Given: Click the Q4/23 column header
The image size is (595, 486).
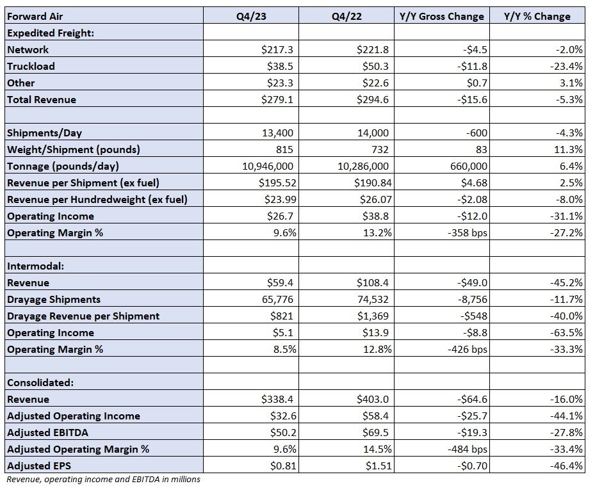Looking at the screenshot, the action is (251, 16).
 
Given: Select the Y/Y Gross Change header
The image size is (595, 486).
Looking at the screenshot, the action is (442, 16).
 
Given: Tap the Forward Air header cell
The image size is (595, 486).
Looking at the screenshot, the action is (35, 16).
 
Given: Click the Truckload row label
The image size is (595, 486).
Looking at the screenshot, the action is (31, 67).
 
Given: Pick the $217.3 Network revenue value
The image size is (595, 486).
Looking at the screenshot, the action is (277, 50).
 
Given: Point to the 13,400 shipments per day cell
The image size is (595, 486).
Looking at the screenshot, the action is (277, 133).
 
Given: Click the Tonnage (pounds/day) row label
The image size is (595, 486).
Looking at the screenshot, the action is (63, 166).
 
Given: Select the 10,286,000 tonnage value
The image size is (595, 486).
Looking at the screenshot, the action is (363, 166).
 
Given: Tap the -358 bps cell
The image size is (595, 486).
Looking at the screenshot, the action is (467, 232).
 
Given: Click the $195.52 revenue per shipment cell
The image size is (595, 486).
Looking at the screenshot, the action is (277, 183).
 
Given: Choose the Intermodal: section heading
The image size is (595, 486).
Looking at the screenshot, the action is (35, 266).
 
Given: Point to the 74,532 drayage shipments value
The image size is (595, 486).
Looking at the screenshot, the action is (373, 299).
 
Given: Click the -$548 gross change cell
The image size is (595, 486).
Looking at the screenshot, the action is (472, 316).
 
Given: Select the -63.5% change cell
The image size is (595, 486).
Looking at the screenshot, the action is (566, 333).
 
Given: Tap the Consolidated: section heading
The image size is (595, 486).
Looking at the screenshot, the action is (40, 382).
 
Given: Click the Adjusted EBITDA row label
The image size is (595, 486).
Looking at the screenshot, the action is (47, 432).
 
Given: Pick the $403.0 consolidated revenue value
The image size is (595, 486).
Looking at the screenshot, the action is (373, 399).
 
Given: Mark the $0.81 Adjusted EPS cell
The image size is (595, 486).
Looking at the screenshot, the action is (283, 466).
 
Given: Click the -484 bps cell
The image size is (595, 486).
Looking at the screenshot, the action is (467, 450).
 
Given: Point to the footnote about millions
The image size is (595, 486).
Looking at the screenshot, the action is (103, 479).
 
